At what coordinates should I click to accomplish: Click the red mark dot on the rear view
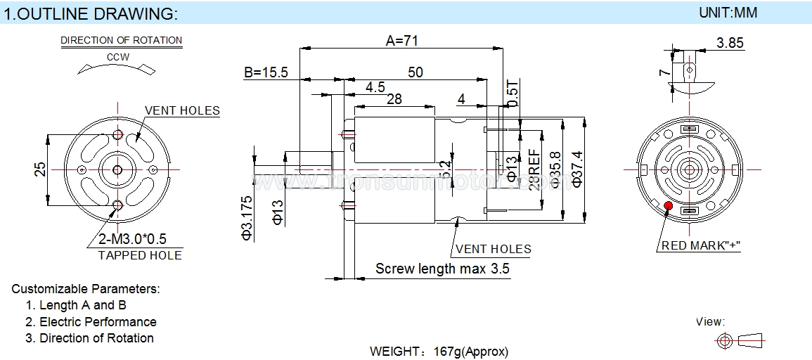click(667, 205)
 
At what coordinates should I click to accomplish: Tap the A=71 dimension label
click(402, 41)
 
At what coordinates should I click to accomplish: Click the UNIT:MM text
click(728, 13)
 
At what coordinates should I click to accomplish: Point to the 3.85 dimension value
click(730, 44)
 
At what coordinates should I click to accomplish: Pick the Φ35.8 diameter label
click(555, 169)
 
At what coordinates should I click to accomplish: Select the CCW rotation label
click(117, 57)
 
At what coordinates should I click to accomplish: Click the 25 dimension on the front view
click(41, 169)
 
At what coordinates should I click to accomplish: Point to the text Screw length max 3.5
click(442, 269)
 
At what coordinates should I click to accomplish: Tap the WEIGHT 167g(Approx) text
click(439, 352)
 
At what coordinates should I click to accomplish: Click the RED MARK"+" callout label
click(701, 245)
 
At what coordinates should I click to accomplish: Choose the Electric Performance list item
click(98, 322)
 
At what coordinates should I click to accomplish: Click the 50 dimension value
click(415, 72)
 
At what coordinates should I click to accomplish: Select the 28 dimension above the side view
click(394, 99)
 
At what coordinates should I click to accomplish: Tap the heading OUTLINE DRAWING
click(91, 14)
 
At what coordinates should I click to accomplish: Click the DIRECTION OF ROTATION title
click(121, 40)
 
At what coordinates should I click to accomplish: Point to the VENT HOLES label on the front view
click(182, 110)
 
